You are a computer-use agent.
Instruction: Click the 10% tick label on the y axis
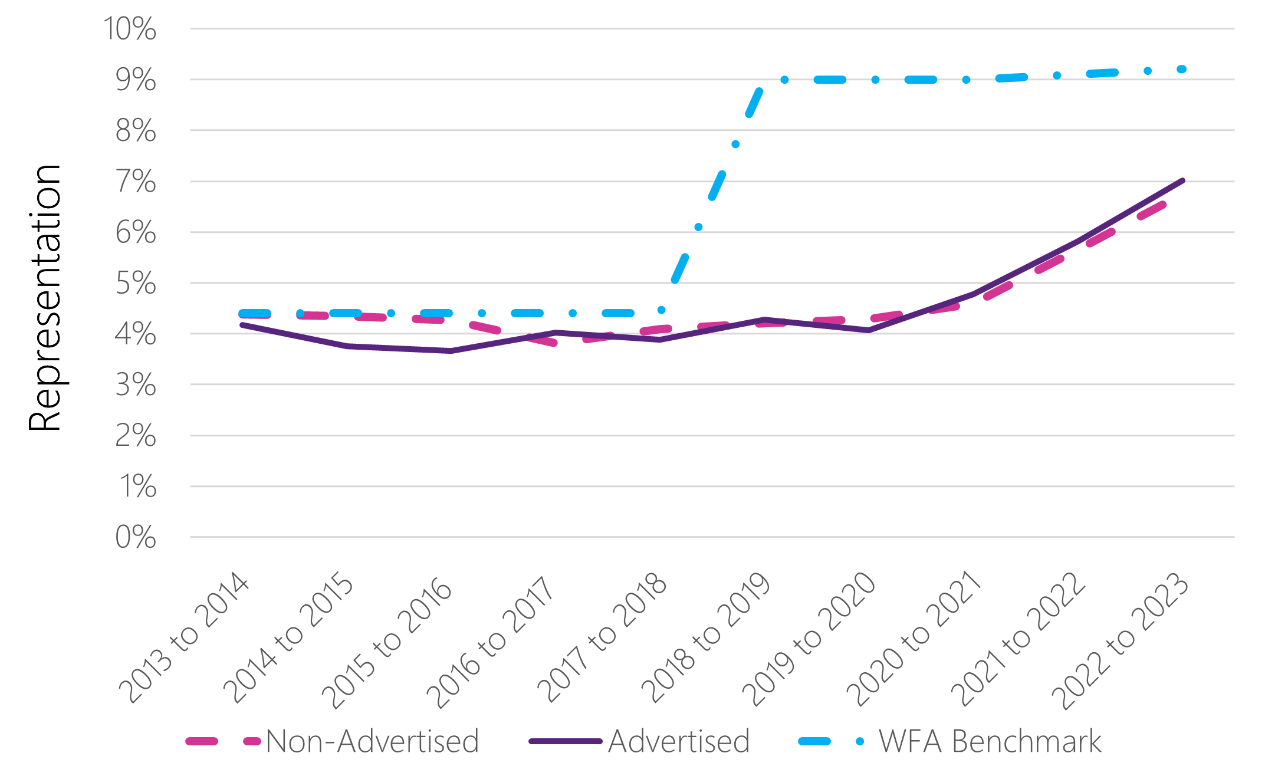(x=130, y=28)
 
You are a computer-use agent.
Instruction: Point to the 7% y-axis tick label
(x=136, y=181)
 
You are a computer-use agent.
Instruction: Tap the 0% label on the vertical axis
(x=136, y=537)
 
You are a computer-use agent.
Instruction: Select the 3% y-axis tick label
(x=136, y=385)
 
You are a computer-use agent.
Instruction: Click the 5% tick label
(x=136, y=283)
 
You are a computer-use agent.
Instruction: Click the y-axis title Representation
(x=45, y=298)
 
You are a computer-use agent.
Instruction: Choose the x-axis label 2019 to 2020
(x=808, y=639)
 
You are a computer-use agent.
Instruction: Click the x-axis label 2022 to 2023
(x=1119, y=642)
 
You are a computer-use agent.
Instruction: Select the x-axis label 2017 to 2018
(x=602, y=638)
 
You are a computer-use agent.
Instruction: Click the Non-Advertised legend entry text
(x=372, y=741)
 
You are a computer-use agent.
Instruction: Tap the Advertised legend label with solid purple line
(x=679, y=741)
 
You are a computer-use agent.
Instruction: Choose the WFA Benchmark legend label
(x=990, y=741)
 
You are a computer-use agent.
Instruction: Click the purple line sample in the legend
(x=566, y=741)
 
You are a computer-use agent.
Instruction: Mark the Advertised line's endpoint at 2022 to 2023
(x=1182, y=180)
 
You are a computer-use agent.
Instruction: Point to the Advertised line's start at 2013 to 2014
(x=242, y=325)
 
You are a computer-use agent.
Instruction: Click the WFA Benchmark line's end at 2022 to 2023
(x=1182, y=69)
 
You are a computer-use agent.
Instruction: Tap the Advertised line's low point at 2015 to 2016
(x=451, y=351)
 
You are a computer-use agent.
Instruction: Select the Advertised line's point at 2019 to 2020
(x=869, y=330)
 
